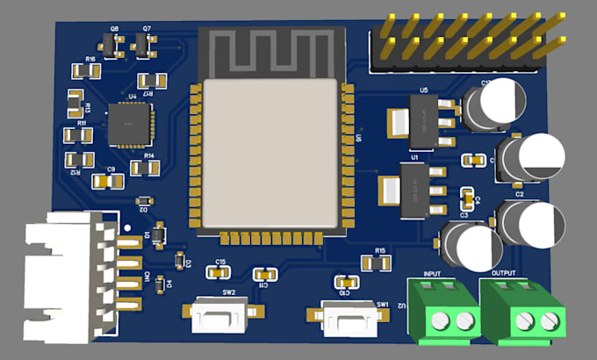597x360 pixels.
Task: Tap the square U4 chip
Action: (x=129, y=124)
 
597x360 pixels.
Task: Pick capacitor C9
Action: (x=110, y=180)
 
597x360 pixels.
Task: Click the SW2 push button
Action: (x=224, y=313)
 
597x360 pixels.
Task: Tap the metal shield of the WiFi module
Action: (x=270, y=154)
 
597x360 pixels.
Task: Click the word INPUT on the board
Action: (x=433, y=276)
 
